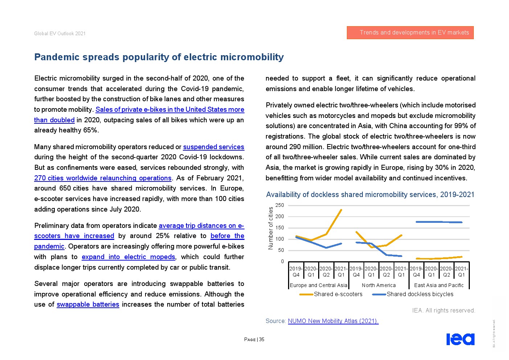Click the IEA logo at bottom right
click(x=460, y=339)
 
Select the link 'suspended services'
click(x=213, y=147)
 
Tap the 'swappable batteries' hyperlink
click(x=88, y=304)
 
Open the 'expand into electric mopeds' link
click(x=128, y=257)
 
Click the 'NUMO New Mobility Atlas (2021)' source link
click(x=333, y=321)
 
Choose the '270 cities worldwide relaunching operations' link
click(x=103, y=178)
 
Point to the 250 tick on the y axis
click(x=280, y=205)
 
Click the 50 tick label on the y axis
click(x=281, y=250)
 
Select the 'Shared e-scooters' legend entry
click(x=338, y=294)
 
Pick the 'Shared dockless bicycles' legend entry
click(x=420, y=294)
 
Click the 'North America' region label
click(x=378, y=286)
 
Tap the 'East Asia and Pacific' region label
click(x=439, y=286)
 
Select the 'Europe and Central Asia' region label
click(x=319, y=286)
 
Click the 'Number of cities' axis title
click(x=271, y=228)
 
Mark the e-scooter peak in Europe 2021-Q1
click(x=341, y=210)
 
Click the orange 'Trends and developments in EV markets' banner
click(x=410, y=33)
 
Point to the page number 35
click(x=262, y=340)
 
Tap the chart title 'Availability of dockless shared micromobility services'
click(x=370, y=195)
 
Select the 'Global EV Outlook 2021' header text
click(x=60, y=33)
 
